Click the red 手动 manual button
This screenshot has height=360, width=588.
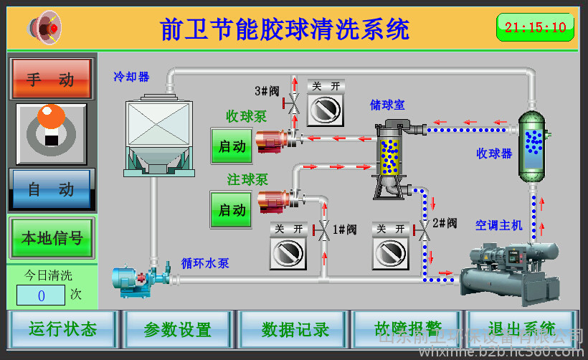[x=52, y=79]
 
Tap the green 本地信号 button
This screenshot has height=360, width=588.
[x=52, y=238]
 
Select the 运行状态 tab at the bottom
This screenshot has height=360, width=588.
[x=62, y=329]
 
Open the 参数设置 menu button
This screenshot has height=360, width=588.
[x=177, y=329]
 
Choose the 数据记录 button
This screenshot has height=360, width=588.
[x=294, y=329]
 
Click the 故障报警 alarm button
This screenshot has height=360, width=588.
[x=407, y=329]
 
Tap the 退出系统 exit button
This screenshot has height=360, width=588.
[x=521, y=329]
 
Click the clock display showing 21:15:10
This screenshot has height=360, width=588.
[x=535, y=28]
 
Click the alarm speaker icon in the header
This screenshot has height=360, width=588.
[x=45, y=28]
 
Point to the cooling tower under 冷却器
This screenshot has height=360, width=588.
[x=158, y=136]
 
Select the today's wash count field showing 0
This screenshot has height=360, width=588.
[x=41, y=295]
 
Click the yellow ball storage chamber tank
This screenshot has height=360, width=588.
[x=389, y=154]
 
